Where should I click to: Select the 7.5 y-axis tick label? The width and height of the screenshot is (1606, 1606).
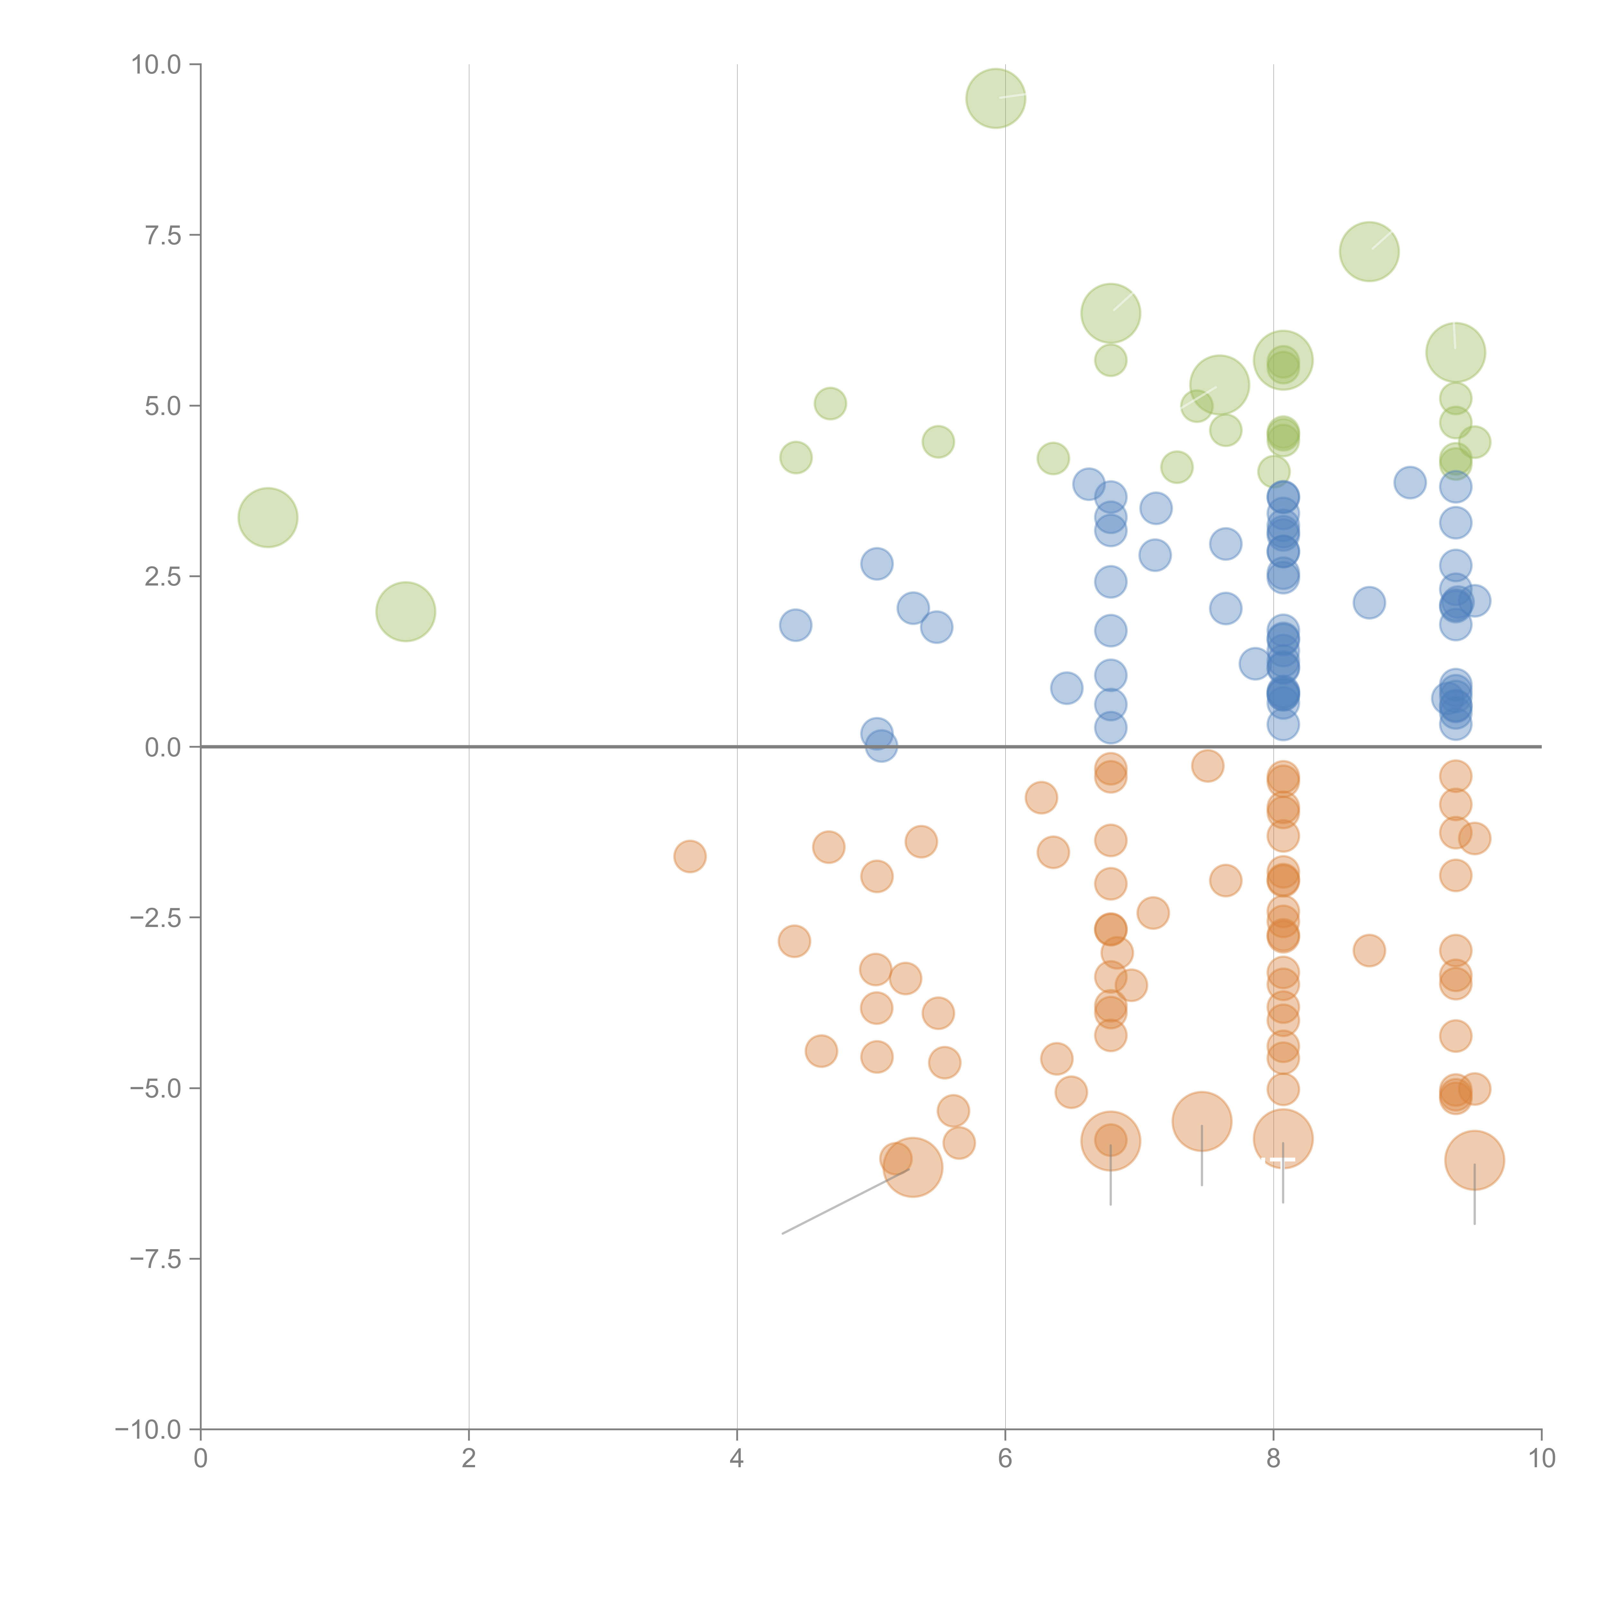163,235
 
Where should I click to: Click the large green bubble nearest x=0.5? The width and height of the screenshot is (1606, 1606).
268,518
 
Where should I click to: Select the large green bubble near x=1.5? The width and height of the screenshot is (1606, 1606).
406,612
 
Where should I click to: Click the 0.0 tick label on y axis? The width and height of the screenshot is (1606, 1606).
163,747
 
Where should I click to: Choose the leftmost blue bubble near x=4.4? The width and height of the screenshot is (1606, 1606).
796,625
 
